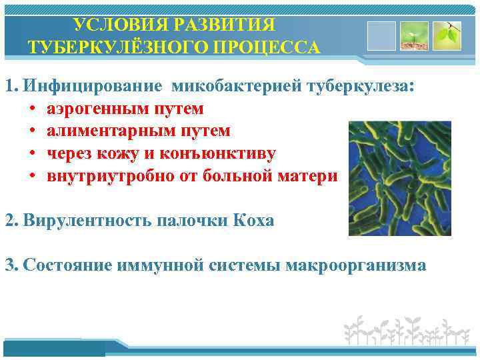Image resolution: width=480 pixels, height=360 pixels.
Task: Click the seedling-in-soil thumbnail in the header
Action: [414, 37]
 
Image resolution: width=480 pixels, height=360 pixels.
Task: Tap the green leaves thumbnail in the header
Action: [447, 37]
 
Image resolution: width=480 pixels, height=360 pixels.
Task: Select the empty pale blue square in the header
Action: [381, 37]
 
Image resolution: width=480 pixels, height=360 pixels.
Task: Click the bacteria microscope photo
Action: [399, 178]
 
